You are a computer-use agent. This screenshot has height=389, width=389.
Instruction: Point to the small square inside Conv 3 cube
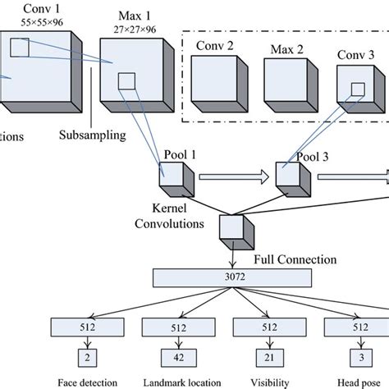click(x=356, y=88)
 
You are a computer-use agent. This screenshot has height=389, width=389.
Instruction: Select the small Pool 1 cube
click(x=175, y=176)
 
